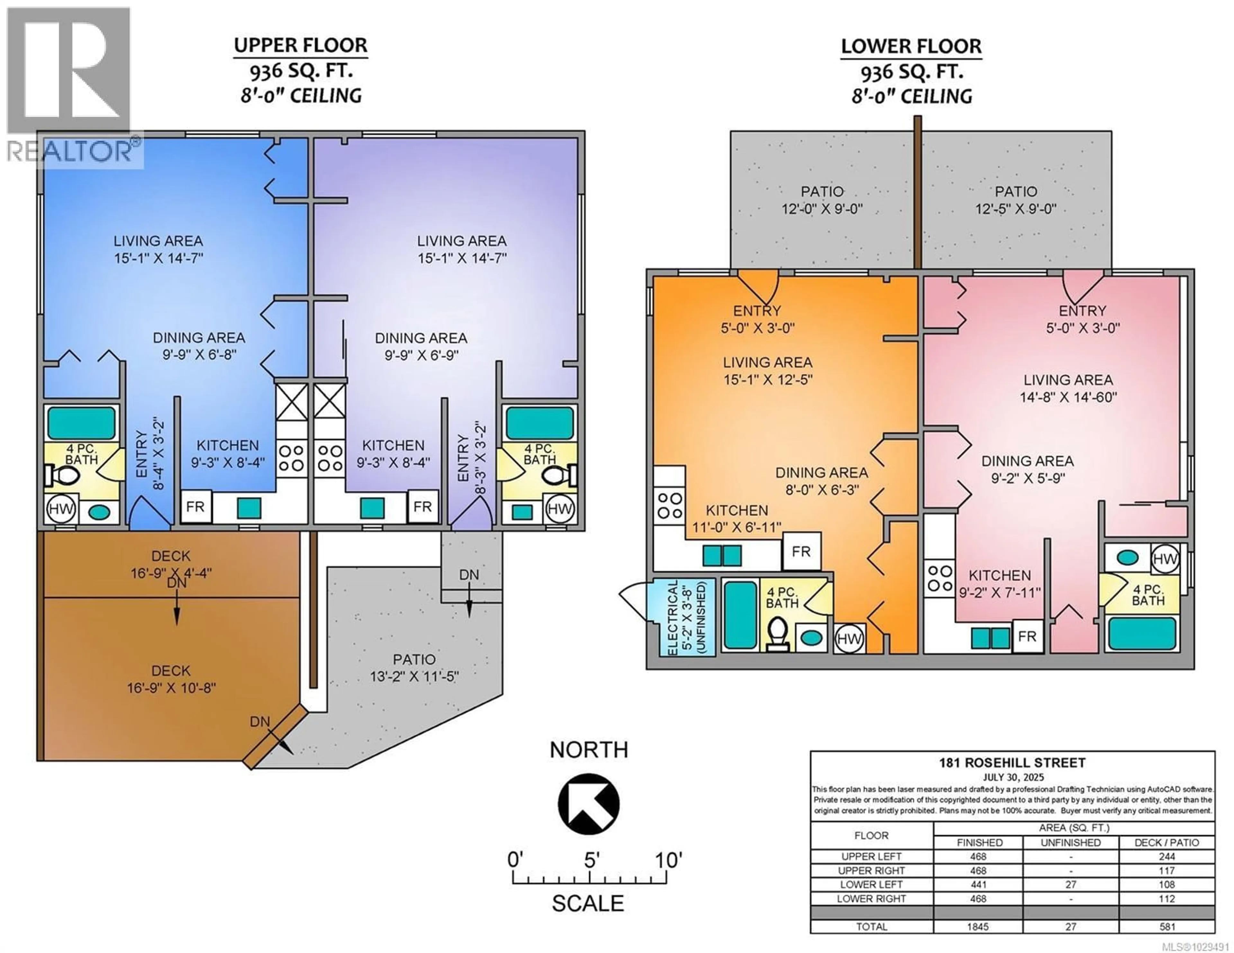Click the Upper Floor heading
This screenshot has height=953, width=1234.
coord(300,45)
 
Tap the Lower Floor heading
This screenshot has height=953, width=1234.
coord(911,46)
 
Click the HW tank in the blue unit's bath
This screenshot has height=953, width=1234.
coord(61,508)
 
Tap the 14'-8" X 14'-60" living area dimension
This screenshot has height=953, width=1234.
coord(1068,397)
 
